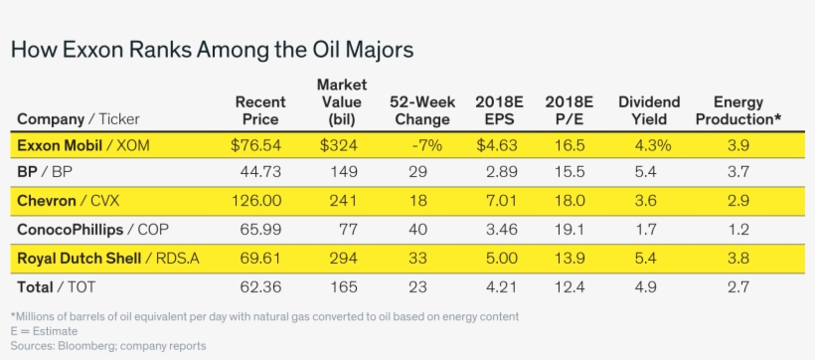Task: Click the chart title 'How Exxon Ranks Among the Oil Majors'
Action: [211, 49]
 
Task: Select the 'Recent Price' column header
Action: [259, 110]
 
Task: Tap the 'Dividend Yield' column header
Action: [649, 110]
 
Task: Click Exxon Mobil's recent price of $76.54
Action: [258, 145]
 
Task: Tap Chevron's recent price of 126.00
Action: [257, 201]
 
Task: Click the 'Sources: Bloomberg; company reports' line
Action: [108, 345]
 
